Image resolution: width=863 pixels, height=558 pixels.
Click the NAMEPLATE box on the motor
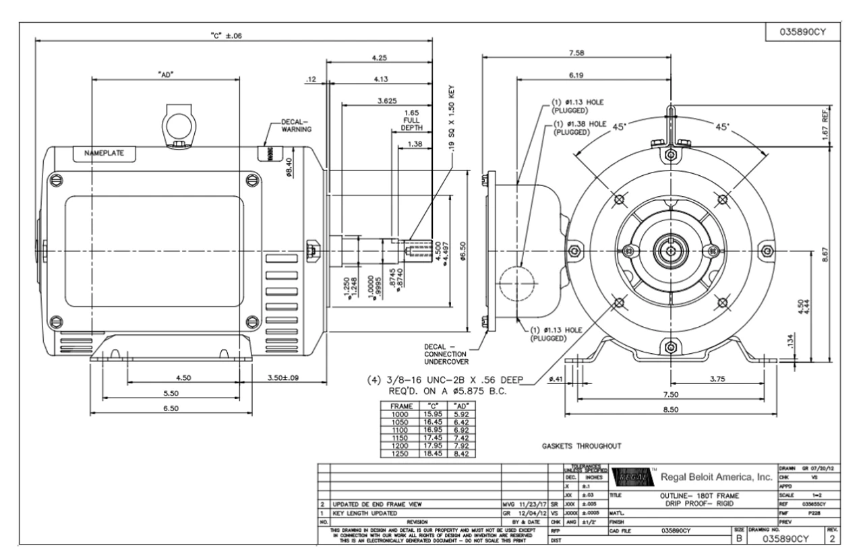(104, 153)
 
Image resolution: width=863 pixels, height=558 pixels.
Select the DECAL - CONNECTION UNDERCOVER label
(450, 354)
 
